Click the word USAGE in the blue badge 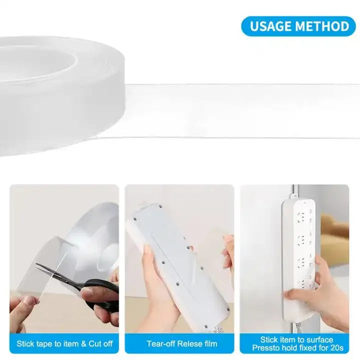270,26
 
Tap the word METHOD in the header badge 322,26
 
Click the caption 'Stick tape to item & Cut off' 64,343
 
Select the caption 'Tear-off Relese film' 182,343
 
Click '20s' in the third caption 337,348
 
